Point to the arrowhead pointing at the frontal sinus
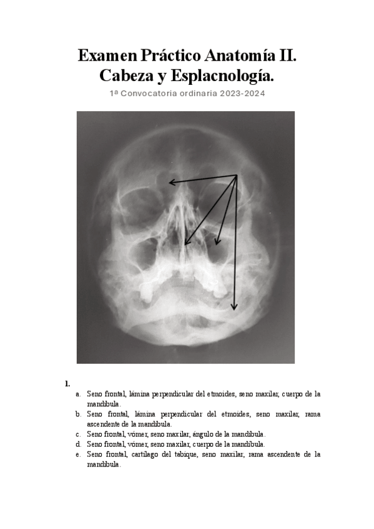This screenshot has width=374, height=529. [170, 182]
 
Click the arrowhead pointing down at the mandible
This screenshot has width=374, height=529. [235, 308]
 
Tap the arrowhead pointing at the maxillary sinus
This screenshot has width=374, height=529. [217, 243]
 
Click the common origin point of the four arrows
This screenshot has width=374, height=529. [238, 176]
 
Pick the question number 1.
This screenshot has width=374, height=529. [67, 382]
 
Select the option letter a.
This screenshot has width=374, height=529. [78, 394]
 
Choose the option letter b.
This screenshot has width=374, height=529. [78, 414]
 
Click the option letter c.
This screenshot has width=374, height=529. [78, 434]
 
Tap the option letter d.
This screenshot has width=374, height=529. [78, 444]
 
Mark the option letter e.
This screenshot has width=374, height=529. [78, 454]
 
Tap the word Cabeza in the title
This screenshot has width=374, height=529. [125, 77]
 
